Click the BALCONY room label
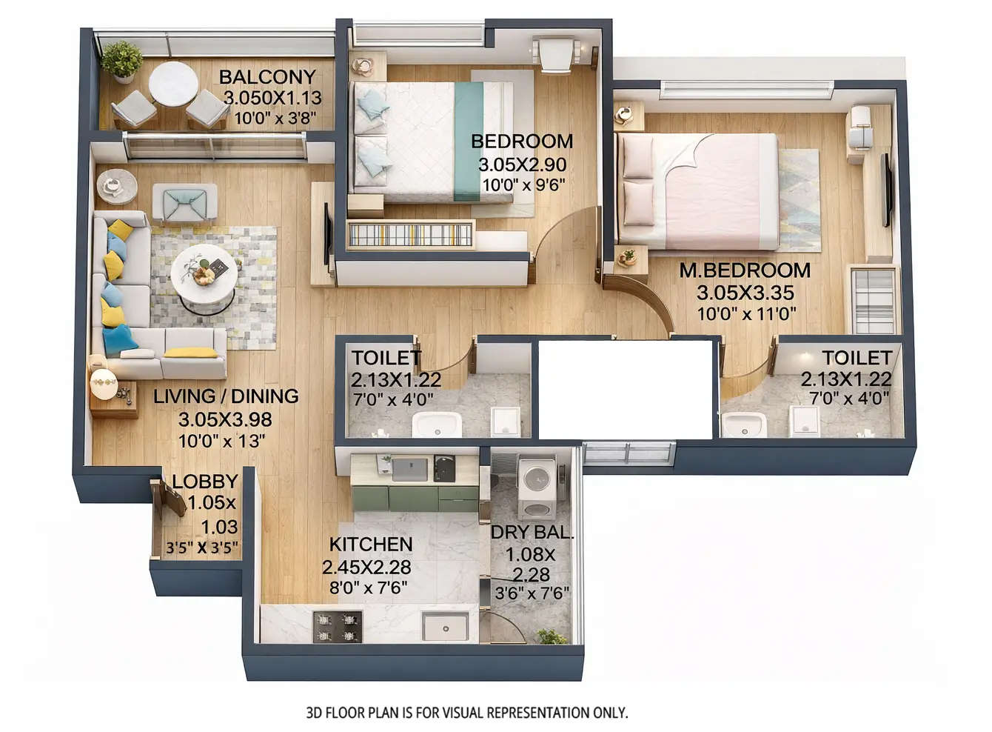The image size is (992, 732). point(267,76)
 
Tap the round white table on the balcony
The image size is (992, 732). point(173,84)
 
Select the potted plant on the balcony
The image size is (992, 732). point(122,60)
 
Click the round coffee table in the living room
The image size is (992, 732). point(204,275)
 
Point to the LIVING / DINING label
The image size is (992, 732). point(226,396)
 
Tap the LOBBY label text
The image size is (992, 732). point(204,482)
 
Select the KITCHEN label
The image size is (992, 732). point(370,545)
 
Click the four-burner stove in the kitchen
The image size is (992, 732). point(338,627)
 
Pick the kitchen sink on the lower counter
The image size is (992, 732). point(445,627)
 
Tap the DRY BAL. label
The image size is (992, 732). point(532,532)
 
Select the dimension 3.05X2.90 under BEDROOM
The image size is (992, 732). point(522,164)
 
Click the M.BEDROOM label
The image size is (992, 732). point(745,270)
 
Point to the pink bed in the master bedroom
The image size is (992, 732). point(699,191)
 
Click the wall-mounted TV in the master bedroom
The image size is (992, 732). point(885,190)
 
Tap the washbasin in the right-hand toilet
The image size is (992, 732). point(743,425)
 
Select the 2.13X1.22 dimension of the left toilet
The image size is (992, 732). point(395,380)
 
